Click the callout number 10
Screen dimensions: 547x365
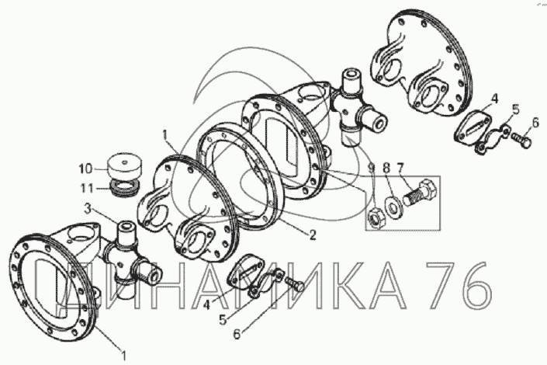click(85, 169)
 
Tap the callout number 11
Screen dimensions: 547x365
click(87, 189)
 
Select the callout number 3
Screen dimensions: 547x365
click(88, 209)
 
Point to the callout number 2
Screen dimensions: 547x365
click(313, 235)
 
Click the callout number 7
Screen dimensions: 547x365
click(399, 169)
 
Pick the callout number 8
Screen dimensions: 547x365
click(386, 169)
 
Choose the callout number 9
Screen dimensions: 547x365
click(372, 169)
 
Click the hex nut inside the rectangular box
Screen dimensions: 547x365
click(376, 219)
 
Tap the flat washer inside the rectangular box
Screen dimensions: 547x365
click(393, 208)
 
